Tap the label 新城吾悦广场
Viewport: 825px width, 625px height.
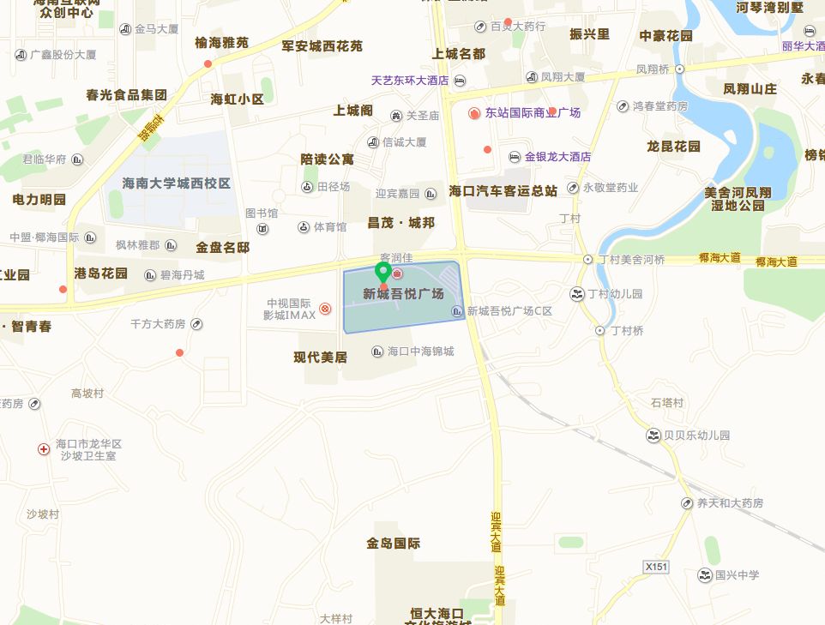pos(403,294)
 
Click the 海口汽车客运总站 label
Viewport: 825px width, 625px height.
pos(503,190)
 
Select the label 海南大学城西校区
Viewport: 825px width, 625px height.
pos(177,183)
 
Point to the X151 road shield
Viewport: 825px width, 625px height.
pos(655,567)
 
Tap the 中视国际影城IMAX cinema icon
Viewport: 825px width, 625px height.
pos(325,309)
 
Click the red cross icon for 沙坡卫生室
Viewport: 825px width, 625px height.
pos(44,449)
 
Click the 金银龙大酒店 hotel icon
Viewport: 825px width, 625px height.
pos(514,157)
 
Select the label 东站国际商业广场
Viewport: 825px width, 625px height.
pos(532,113)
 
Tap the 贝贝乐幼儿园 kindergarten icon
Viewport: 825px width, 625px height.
pos(653,436)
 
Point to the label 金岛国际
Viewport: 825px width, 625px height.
pos(393,544)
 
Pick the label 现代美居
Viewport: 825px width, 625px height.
pos(320,358)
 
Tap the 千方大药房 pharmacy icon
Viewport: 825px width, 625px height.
pos(196,324)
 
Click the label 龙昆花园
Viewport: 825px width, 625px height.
pos(673,147)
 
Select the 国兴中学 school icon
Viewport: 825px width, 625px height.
pos(705,574)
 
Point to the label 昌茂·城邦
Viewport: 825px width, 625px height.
pos(400,223)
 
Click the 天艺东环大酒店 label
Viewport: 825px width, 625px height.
pos(410,81)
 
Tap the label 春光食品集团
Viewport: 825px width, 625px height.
pos(126,94)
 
